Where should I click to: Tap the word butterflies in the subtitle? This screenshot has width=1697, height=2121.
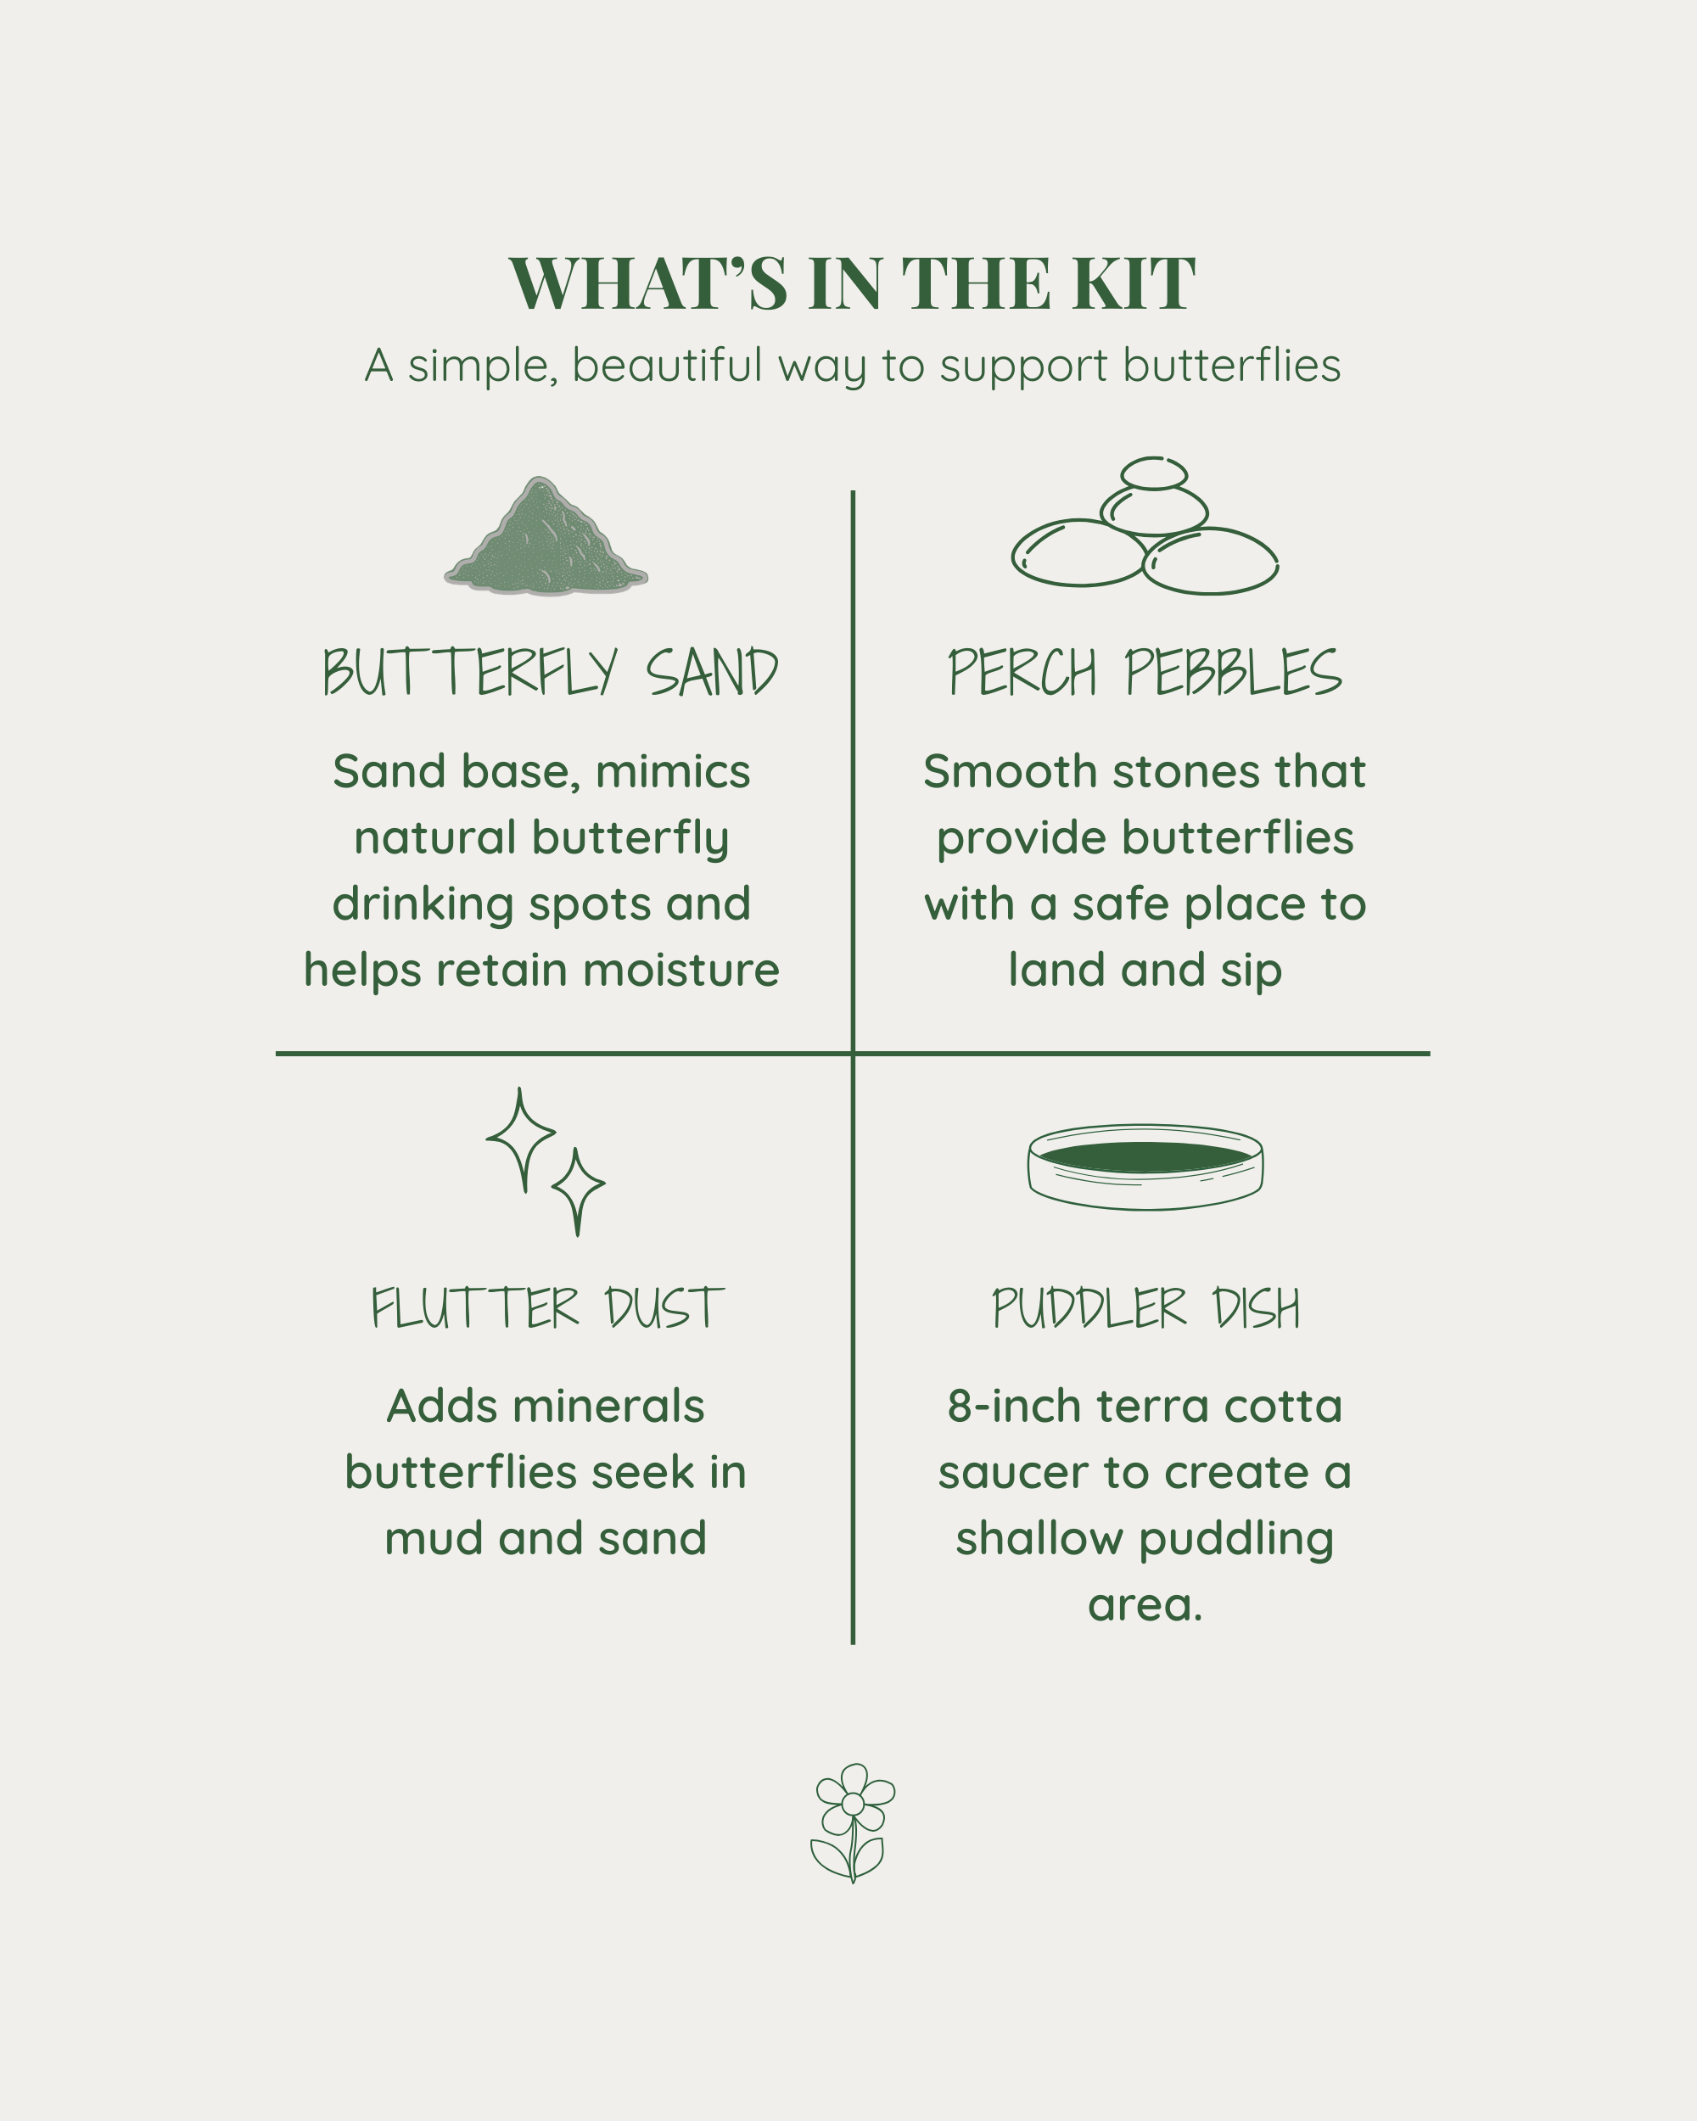tap(1232, 366)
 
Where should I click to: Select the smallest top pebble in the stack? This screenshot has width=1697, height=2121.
tap(1154, 473)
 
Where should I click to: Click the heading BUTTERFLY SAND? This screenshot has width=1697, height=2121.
tap(551, 673)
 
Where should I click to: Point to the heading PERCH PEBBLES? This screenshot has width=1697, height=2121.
tap(1144, 673)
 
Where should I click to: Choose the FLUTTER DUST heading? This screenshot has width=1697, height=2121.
tap(547, 1308)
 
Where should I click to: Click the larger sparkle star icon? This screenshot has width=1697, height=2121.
tap(521, 1139)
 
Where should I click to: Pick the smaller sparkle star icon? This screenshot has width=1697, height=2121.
tap(578, 1189)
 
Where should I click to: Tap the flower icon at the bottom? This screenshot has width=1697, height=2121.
tap(853, 1823)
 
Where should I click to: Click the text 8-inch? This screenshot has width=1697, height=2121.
tap(1014, 1407)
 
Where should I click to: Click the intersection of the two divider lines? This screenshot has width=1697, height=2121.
tap(853, 1054)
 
